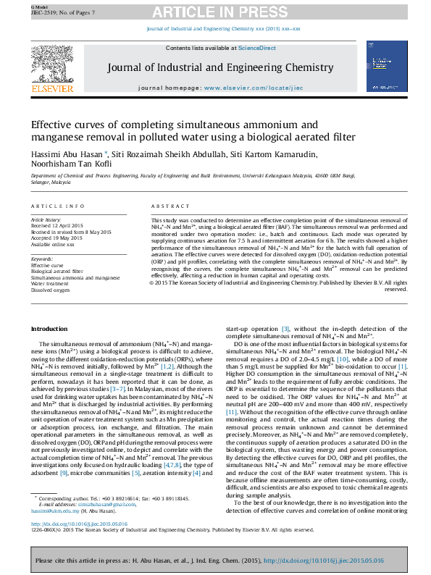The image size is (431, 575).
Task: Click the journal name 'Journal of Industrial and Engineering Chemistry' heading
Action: click(x=215, y=67)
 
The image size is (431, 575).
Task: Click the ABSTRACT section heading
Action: click(x=167, y=206)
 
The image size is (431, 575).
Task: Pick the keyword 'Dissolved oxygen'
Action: click(x=50, y=289)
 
